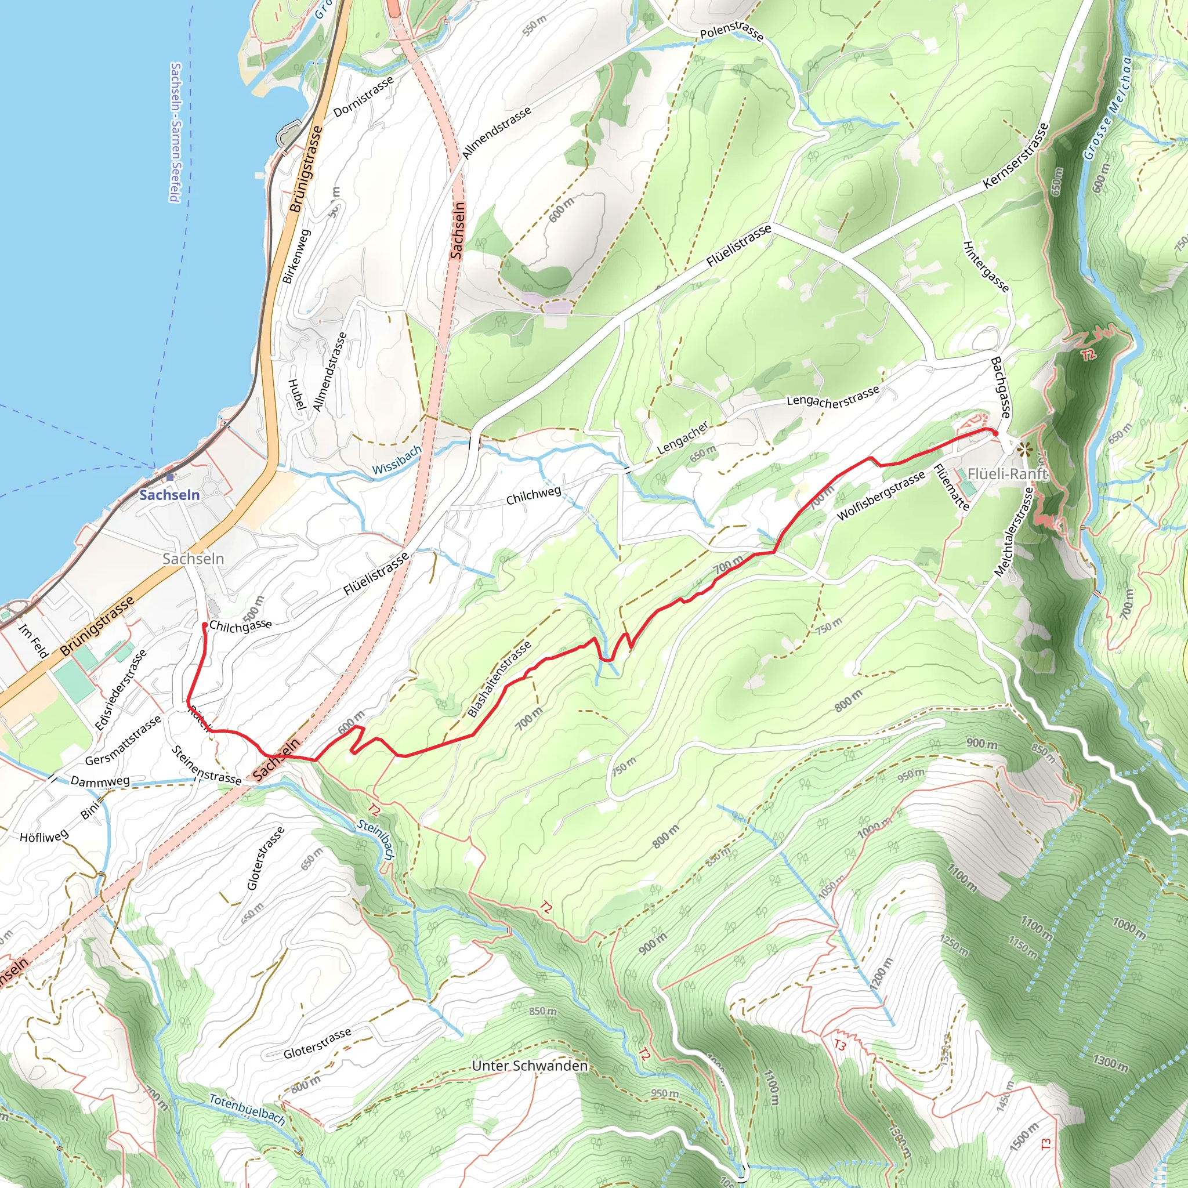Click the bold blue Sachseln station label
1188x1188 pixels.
coord(169,495)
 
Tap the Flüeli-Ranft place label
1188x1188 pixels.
coord(1006,473)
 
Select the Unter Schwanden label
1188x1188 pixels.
coord(530,1066)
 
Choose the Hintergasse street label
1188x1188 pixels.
coord(985,266)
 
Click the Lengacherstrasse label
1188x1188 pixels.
coord(833,397)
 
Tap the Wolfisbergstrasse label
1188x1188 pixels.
coord(881,495)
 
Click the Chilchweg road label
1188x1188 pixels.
coord(533,495)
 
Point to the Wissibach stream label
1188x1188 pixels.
coord(397,460)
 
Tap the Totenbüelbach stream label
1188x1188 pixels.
coord(247,1109)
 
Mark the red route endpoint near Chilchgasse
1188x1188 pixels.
coord(204,625)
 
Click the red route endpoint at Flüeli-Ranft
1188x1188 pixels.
coord(994,433)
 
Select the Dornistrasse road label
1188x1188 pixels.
coord(363,97)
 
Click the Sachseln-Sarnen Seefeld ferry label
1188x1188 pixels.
coord(175,132)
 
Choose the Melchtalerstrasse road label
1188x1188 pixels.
coord(1013,532)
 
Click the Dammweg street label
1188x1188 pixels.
coord(100,781)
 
